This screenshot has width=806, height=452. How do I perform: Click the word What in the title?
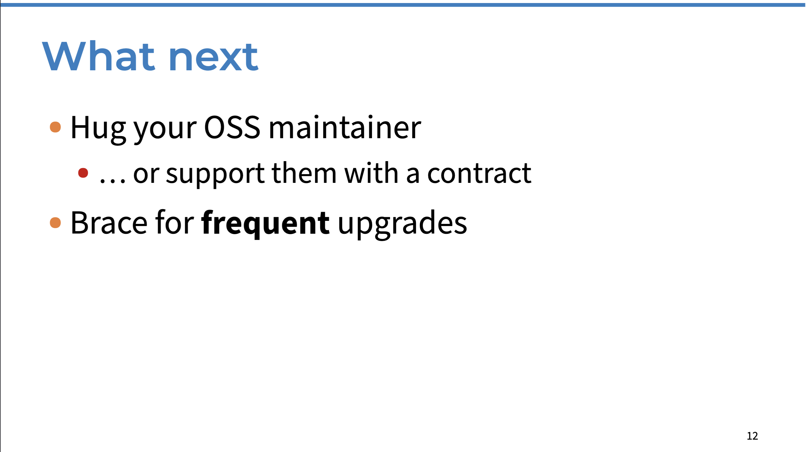pos(99,56)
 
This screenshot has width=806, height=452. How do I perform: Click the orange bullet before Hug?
pos(55,127)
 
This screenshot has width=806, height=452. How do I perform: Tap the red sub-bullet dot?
pos(83,173)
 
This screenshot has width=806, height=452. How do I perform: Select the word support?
pos(215,174)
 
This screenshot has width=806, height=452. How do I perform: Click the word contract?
pos(479,173)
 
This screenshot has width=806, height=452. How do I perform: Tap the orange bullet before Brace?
pos(55,223)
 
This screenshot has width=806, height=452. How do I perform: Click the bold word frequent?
pos(265,224)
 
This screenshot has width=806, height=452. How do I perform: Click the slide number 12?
pos(752,436)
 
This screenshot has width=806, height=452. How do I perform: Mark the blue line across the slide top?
pos(403,5)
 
